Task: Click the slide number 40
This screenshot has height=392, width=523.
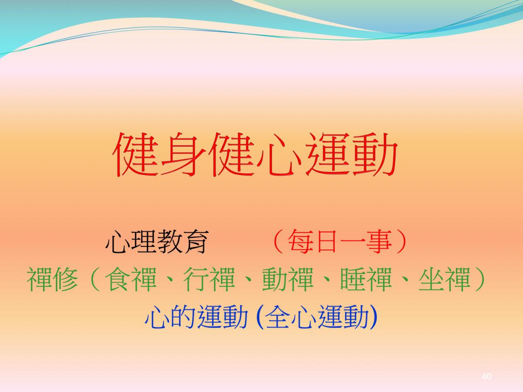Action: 486,376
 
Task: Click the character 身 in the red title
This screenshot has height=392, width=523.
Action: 183,155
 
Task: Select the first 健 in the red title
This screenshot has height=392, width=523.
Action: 136,155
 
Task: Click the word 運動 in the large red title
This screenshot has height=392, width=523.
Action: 351,155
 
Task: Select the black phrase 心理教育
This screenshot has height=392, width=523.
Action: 157,242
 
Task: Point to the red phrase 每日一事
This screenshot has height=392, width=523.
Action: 340,242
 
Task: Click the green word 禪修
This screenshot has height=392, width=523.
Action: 52,279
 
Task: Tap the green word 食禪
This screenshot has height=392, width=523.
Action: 131,279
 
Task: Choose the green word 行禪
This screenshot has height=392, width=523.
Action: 209,279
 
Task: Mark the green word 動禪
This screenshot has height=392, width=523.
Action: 288,279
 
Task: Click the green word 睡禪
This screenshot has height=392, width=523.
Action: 366,279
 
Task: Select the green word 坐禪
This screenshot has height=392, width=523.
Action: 445,279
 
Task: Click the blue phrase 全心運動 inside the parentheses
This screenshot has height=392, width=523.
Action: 317,317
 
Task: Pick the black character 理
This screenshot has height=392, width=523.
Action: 144,242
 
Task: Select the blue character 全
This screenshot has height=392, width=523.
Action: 278,317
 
